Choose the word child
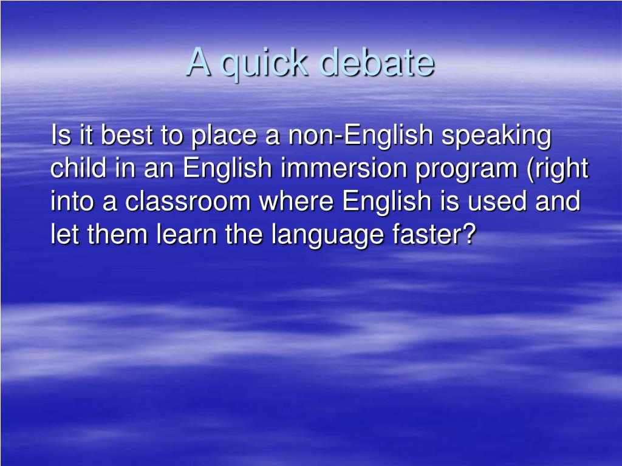pyautogui.click(x=77, y=169)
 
